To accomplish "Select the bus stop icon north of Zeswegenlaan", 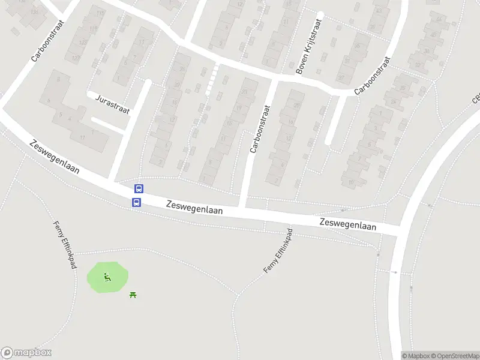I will pyautogui.click(x=139, y=188).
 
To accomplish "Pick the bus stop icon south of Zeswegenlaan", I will pyautogui.click(x=136, y=203).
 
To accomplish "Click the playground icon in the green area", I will pyautogui.click(x=107, y=277).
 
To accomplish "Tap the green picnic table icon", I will pyautogui.click(x=133, y=294).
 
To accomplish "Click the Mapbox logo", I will pyautogui.click(x=26, y=353).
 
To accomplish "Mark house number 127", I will pyautogui.click(x=76, y=58).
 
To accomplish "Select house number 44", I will pyautogui.click(x=439, y=20).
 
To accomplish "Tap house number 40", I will pyautogui.click(x=434, y=35).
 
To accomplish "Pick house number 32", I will pyautogui.click(x=418, y=64).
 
